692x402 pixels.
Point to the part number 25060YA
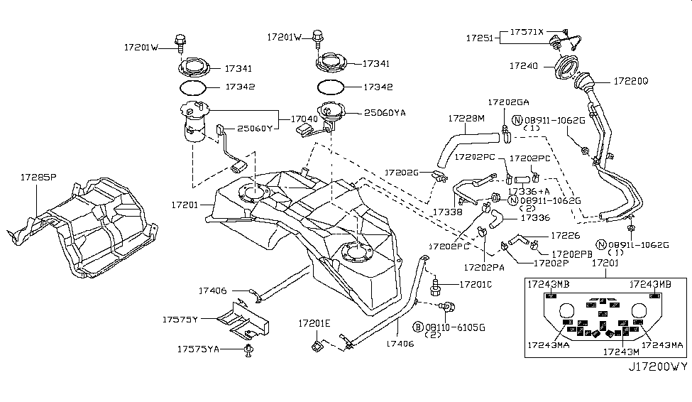click(385, 112)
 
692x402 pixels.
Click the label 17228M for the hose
click(466, 119)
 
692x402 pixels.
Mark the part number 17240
click(525, 65)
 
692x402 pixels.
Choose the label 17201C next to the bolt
click(475, 284)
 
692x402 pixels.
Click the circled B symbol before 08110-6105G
click(419, 327)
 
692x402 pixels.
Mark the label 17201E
click(314, 323)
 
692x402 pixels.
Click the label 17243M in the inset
click(619, 351)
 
